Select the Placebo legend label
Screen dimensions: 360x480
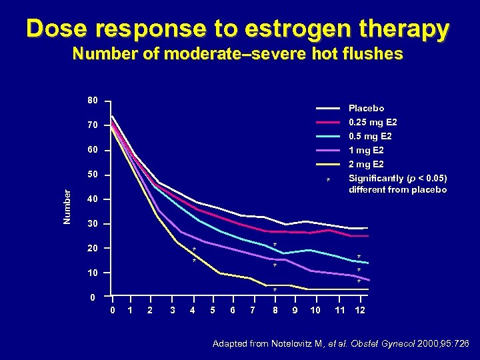pos(366,108)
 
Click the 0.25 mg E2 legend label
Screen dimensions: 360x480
pos(373,122)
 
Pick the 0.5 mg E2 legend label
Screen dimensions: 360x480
pos(370,136)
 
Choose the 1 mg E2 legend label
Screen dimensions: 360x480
pos(366,151)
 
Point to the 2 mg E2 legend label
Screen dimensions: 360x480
pos(366,165)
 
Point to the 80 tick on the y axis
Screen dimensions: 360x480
pos(93,101)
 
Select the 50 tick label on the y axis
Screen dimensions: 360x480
pos(93,175)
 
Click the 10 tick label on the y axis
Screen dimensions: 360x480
pos(93,273)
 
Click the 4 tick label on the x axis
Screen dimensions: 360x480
pos(193,311)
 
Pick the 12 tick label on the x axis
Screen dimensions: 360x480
pos(360,311)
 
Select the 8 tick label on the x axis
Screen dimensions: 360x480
pos(275,311)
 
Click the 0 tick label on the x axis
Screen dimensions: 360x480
pos(112,311)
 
